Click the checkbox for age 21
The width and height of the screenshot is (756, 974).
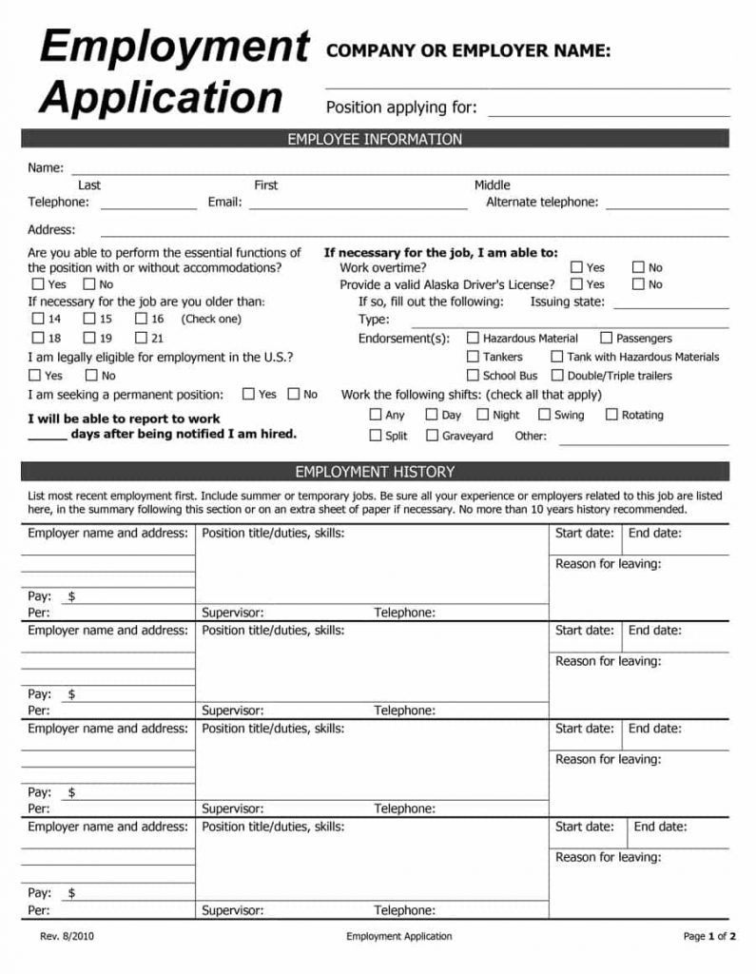point(141,338)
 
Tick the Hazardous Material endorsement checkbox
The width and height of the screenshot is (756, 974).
point(473,338)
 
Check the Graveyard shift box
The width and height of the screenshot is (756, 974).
point(432,436)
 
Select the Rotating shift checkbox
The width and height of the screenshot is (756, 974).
point(611,415)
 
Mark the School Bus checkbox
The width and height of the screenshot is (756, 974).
point(473,376)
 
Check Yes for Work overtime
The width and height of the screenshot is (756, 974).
point(576,268)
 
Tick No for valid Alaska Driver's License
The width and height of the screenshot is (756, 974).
point(638,284)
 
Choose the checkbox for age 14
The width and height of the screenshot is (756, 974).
point(38,320)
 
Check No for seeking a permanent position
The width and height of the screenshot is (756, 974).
point(294,394)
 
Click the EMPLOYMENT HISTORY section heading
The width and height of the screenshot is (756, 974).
point(375,472)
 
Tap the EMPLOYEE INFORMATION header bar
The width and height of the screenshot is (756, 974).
point(375,140)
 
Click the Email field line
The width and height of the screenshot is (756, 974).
point(358,205)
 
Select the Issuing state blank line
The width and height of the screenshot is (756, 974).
point(670,305)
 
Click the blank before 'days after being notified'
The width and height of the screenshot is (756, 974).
point(47,438)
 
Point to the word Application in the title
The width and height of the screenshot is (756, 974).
point(162,97)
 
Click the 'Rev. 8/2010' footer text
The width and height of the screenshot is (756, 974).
point(67,937)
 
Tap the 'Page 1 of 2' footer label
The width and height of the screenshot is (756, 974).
point(709,937)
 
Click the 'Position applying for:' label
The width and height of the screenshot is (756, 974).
point(401,107)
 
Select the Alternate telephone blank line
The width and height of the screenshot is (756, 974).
point(667,205)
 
